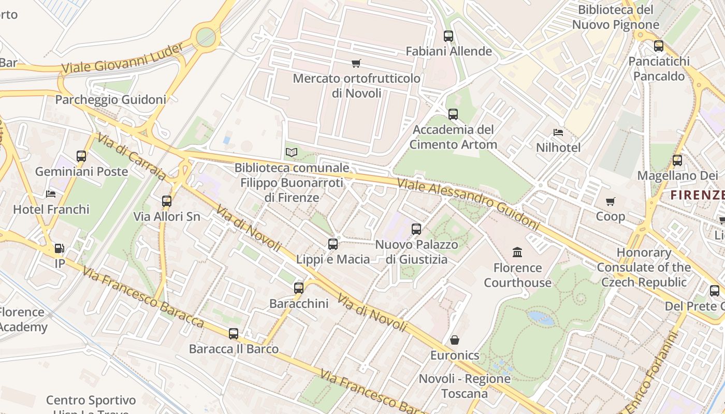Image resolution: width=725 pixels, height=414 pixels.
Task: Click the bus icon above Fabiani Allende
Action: (x=448, y=36)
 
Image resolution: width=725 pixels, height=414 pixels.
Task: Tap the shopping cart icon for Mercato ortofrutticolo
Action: (x=356, y=64)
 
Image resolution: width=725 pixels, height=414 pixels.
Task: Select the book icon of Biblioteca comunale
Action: (x=292, y=152)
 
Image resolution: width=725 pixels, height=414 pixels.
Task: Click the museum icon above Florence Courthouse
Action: (x=517, y=253)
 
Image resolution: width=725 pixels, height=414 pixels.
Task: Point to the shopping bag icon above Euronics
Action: (x=455, y=340)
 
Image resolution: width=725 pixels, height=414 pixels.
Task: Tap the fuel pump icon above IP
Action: (x=60, y=249)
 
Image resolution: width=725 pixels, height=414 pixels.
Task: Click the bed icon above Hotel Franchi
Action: (x=51, y=194)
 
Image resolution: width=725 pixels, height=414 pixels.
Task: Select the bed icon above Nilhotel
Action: (x=558, y=132)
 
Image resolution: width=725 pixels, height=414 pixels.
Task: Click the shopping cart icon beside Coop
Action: (x=611, y=201)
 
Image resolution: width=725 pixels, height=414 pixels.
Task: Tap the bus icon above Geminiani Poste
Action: (x=81, y=156)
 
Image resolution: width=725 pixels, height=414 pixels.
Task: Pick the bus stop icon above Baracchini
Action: (x=299, y=288)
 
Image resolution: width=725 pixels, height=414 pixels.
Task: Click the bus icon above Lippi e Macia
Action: (x=333, y=244)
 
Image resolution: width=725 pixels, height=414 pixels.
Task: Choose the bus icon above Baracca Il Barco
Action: (x=234, y=334)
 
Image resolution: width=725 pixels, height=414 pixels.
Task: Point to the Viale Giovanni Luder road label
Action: (x=122, y=58)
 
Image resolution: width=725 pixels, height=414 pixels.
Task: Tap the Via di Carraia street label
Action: (x=132, y=157)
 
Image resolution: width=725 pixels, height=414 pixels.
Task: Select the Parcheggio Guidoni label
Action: (x=110, y=99)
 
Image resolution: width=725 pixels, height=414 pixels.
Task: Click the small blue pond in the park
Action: (x=541, y=318)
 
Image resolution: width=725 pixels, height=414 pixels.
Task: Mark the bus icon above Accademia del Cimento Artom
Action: (x=453, y=114)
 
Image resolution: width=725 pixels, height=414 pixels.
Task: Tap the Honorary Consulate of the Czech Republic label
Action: (x=644, y=268)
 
